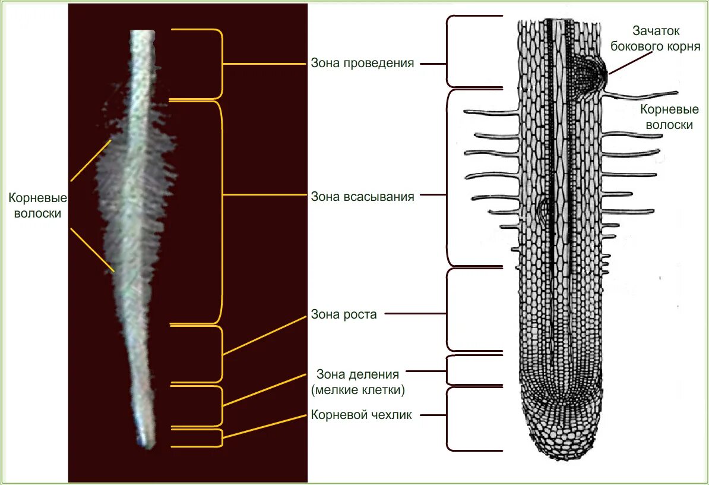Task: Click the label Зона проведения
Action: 362,63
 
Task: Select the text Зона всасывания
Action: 362,196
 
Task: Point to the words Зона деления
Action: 357,374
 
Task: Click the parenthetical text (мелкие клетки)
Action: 357,390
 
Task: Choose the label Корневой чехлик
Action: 361,415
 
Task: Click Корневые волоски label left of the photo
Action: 35,206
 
